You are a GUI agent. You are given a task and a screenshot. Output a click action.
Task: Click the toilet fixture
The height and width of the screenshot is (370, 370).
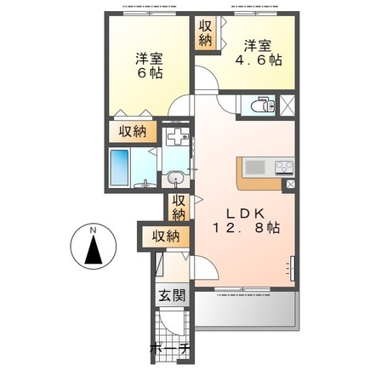(x=263, y=105)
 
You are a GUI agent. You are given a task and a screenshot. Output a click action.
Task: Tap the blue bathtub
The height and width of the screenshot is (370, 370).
(x=119, y=168)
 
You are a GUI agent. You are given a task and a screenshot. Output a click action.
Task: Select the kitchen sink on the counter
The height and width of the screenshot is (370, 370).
(x=255, y=168)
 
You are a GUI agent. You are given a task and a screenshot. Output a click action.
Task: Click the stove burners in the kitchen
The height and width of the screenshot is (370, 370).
(x=284, y=168)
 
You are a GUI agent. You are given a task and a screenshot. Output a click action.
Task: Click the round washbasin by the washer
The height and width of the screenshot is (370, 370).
(x=175, y=179)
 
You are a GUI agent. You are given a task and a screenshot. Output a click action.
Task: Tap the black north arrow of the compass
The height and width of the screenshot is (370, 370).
(x=94, y=250)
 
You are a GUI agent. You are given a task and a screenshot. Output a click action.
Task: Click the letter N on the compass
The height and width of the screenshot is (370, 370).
(x=93, y=231)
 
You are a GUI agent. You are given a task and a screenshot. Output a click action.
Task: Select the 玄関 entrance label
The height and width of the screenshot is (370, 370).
(x=172, y=295)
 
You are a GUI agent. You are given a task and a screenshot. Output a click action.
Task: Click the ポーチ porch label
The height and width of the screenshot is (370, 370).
(x=169, y=349)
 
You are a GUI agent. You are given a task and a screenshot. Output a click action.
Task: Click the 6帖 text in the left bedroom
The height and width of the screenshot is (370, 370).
(x=150, y=73)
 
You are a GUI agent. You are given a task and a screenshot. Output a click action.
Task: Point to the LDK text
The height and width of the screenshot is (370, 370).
(x=245, y=213)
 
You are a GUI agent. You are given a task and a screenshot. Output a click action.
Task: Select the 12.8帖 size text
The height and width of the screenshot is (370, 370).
(x=246, y=228)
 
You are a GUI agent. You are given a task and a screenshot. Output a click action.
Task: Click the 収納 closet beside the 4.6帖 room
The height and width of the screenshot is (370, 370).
(x=205, y=34)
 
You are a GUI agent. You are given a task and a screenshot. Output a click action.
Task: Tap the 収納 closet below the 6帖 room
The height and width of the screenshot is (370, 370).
(x=133, y=132)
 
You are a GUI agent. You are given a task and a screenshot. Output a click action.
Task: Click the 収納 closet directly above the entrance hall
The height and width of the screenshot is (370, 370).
(x=166, y=236)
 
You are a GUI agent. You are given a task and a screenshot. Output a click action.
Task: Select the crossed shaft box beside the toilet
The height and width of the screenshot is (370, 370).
(x=287, y=105)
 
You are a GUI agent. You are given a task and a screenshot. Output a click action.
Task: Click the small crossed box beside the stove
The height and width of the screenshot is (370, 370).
(x=291, y=185)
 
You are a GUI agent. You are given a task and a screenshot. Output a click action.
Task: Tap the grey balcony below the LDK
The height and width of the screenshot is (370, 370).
(x=246, y=310)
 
